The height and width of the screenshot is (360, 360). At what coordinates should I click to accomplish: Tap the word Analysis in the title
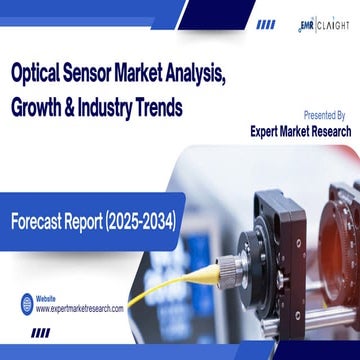[250, 73]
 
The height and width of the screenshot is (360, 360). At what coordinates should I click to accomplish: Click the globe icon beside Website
[23, 304]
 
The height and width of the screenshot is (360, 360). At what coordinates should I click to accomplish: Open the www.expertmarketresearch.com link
[80, 309]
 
